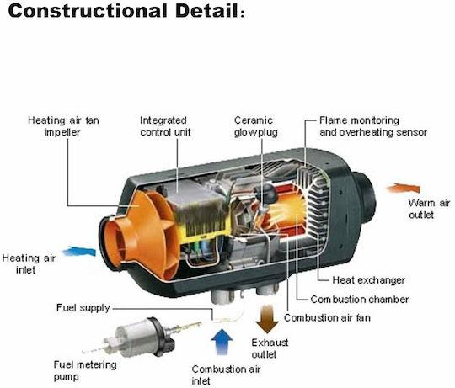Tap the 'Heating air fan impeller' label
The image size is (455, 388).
[63, 126]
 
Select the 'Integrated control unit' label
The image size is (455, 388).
[165, 126]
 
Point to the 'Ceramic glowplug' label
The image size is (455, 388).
[256, 126]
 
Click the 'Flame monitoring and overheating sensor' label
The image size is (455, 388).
[373, 126]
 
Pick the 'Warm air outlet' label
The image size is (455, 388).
[429, 209]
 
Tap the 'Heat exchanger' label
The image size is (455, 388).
[368, 280]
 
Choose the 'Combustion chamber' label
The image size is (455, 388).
[360, 300]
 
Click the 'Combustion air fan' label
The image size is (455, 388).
[327, 318]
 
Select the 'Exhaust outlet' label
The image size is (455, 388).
[270, 348]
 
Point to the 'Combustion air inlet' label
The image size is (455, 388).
[226, 375]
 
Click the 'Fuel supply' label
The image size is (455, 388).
[83, 308]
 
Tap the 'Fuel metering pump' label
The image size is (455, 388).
[85, 370]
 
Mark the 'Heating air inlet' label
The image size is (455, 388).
[29, 264]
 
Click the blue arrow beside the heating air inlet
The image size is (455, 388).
[79, 252]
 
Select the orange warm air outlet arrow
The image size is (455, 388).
[404, 189]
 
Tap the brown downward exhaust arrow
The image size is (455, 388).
[267, 318]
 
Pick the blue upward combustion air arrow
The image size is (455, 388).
[222, 342]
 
